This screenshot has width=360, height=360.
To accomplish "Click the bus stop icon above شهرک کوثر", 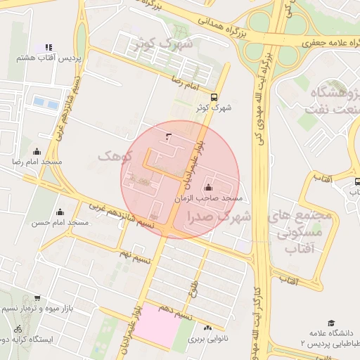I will click(214, 98).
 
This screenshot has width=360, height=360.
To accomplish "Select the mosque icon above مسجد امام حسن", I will click(60, 212).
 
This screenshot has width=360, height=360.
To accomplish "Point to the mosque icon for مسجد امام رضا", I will click(37, 152).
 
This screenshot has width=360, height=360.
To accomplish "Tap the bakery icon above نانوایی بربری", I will click(207, 328).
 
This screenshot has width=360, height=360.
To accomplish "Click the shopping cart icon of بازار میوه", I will click(37, 298).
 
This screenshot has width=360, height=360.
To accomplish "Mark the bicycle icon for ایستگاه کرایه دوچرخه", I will click(18, 328).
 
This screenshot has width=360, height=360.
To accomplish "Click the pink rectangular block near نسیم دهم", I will click(157, 325).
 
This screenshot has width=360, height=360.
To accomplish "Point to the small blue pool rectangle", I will click(46, 103).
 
